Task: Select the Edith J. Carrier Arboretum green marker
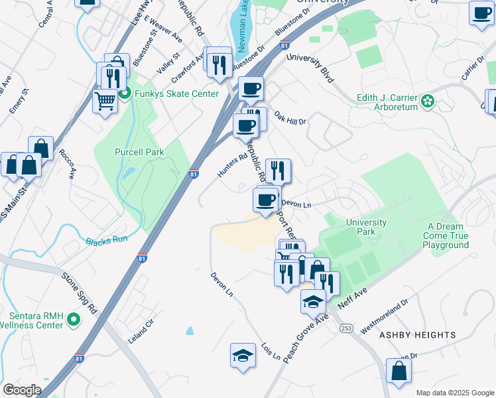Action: (428, 101)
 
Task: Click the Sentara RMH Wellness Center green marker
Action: (73, 320)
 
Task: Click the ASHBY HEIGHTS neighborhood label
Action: (417, 335)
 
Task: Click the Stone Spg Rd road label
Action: (79, 292)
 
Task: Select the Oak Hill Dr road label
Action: (290, 117)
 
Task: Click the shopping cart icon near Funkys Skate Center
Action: (105, 101)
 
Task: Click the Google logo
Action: (22, 390)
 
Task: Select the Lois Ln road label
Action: (271, 352)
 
